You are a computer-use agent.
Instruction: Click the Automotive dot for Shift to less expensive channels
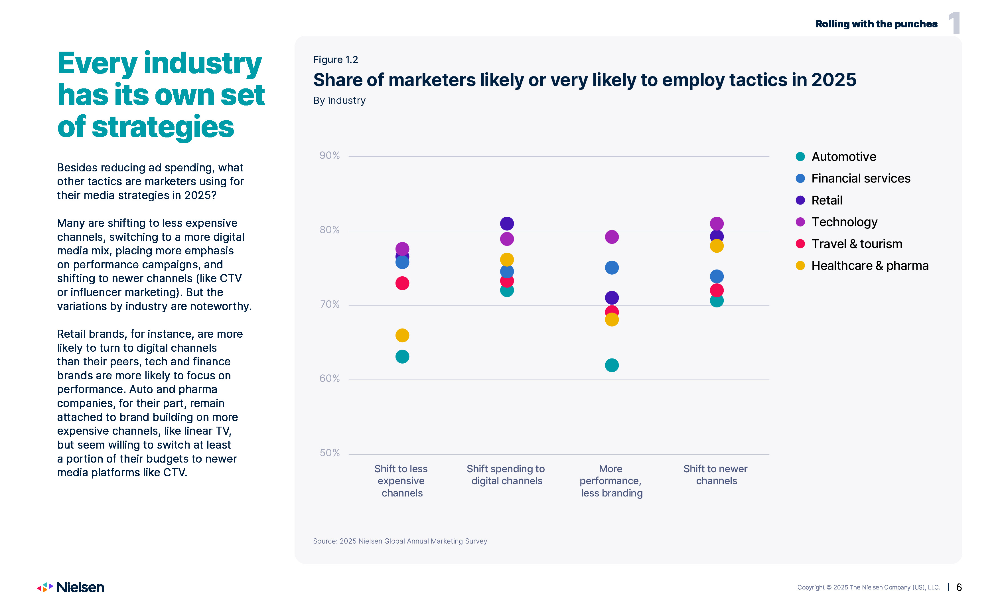[402, 356]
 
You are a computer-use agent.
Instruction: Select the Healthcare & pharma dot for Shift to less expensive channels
[402, 335]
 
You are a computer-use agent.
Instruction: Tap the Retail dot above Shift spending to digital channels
[507, 223]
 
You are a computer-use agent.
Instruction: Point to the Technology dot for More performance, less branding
[612, 237]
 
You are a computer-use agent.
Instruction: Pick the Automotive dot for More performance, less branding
[612, 365]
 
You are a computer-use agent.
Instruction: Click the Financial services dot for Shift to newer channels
[717, 276]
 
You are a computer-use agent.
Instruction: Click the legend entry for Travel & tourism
[857, 244]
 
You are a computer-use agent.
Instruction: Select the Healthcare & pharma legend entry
[870, 266]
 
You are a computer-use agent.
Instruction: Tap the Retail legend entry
[827, 200]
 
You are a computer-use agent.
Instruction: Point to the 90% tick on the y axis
[329, 155]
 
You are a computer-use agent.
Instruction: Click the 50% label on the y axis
[329, 453]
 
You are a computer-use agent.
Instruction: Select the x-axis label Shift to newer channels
[716, 475]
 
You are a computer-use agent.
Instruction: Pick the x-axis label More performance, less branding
[611, 481]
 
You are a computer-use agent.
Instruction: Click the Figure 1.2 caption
[335, 60]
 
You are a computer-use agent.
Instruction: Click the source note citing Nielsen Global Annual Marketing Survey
[400, 541]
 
